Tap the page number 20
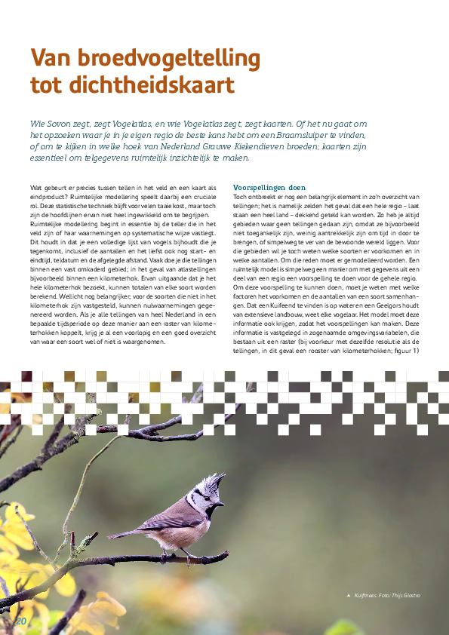tap(20, 620)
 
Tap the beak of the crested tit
tap(221, 502)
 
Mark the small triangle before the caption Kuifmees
tap(348, 596)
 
